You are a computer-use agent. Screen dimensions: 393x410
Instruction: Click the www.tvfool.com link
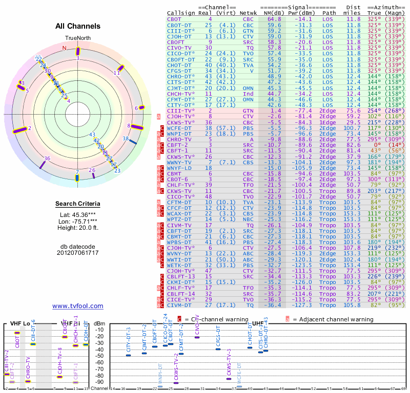point(78,306)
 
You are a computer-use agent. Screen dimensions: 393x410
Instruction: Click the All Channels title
point(78,26)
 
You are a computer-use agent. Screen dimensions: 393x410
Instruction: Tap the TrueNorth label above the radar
point(77,38)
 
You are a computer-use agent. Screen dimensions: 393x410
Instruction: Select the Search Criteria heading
point(78,204)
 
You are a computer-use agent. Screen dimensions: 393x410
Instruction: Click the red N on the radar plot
point(65,48)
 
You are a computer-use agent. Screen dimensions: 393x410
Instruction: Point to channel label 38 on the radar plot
point(126,138)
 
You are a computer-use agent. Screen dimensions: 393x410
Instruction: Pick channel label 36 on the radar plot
point(47,159)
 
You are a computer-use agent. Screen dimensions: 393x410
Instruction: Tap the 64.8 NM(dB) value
point(274,19)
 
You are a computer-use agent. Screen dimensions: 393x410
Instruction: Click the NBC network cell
point(248,219)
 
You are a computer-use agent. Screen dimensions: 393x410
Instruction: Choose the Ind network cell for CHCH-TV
point(248,94)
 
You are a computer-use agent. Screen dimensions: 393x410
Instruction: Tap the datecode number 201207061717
point(78,253)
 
